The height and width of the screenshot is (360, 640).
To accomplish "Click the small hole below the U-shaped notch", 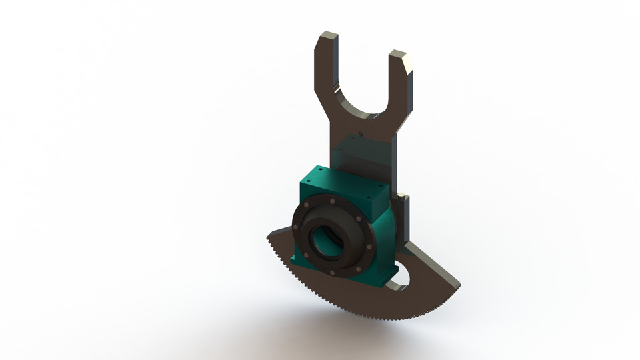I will click(x=360, y=133).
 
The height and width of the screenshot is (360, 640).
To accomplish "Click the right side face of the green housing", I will click(x=385, y=233).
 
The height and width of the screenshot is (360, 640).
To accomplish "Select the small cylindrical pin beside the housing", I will click(x=402, y=196).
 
